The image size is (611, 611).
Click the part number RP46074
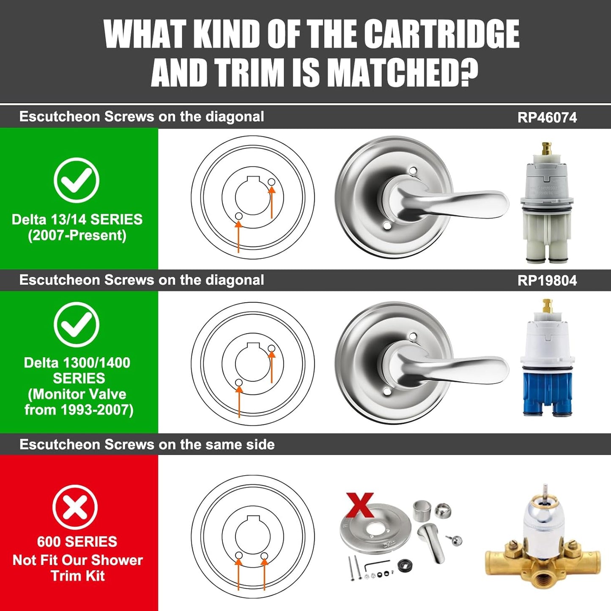click(x=547, y=118)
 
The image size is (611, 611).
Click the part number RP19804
click(x=547, y=281)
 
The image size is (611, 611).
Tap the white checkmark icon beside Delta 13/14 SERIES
click(x=77, y=180)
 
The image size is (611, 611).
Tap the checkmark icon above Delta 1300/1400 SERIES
click(x=77, y=324)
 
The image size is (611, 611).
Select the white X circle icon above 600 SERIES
click(x=75, y=507)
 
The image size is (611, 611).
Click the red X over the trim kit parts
click(x=360, y=505)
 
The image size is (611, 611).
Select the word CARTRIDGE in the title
click(x=441, y=35)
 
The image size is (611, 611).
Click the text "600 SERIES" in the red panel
click(x=77, y=542)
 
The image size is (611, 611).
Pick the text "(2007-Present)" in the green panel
click(x=77, y=235)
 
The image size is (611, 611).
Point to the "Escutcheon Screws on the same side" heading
click(x=147, y=444)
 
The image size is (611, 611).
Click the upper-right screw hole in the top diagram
click(x=271, y=182)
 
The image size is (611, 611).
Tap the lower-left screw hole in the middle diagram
click(x=239, y=382)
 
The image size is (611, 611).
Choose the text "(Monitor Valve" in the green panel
click(x=77, y=394)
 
